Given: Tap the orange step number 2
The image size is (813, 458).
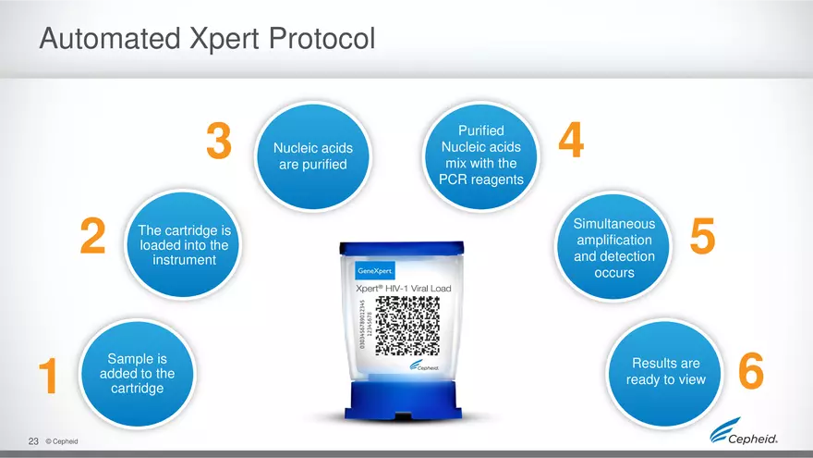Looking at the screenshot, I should (x=92, y=238).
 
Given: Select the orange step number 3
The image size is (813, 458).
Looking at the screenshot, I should (x=218, y=142).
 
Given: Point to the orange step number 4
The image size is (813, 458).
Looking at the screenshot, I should (x=571, y=142).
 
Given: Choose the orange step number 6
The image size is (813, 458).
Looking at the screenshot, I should (x=751, y=374).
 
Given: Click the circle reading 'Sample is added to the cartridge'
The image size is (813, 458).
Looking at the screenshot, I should (x=136, y=372).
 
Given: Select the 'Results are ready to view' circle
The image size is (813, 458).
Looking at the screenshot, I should (x=665, y=372).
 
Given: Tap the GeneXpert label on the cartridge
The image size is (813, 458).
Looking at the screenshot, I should (x=376, y=271).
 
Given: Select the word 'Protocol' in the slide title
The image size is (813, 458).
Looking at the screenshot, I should (x=314, y=39).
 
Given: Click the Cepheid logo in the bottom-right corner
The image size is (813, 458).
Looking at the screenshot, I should (x=748, y=436).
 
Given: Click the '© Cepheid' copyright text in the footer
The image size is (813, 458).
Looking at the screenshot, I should (x=61, y=441).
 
